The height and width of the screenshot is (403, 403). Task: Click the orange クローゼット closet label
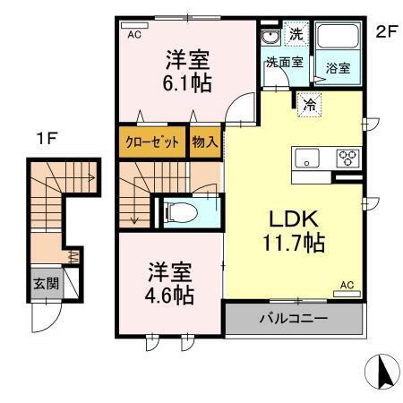[x=150, y=142]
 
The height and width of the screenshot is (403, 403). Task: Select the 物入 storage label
[x=202, y=142]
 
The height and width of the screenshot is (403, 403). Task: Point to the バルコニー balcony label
[x=294, y=319]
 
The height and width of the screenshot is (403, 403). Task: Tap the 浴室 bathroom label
[x=338, y=66]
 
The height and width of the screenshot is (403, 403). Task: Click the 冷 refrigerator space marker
[x=309, y=103]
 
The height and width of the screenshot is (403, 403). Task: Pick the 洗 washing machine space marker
[x=296, y=35]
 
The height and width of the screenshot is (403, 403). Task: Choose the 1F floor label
[x=47, y=140]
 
